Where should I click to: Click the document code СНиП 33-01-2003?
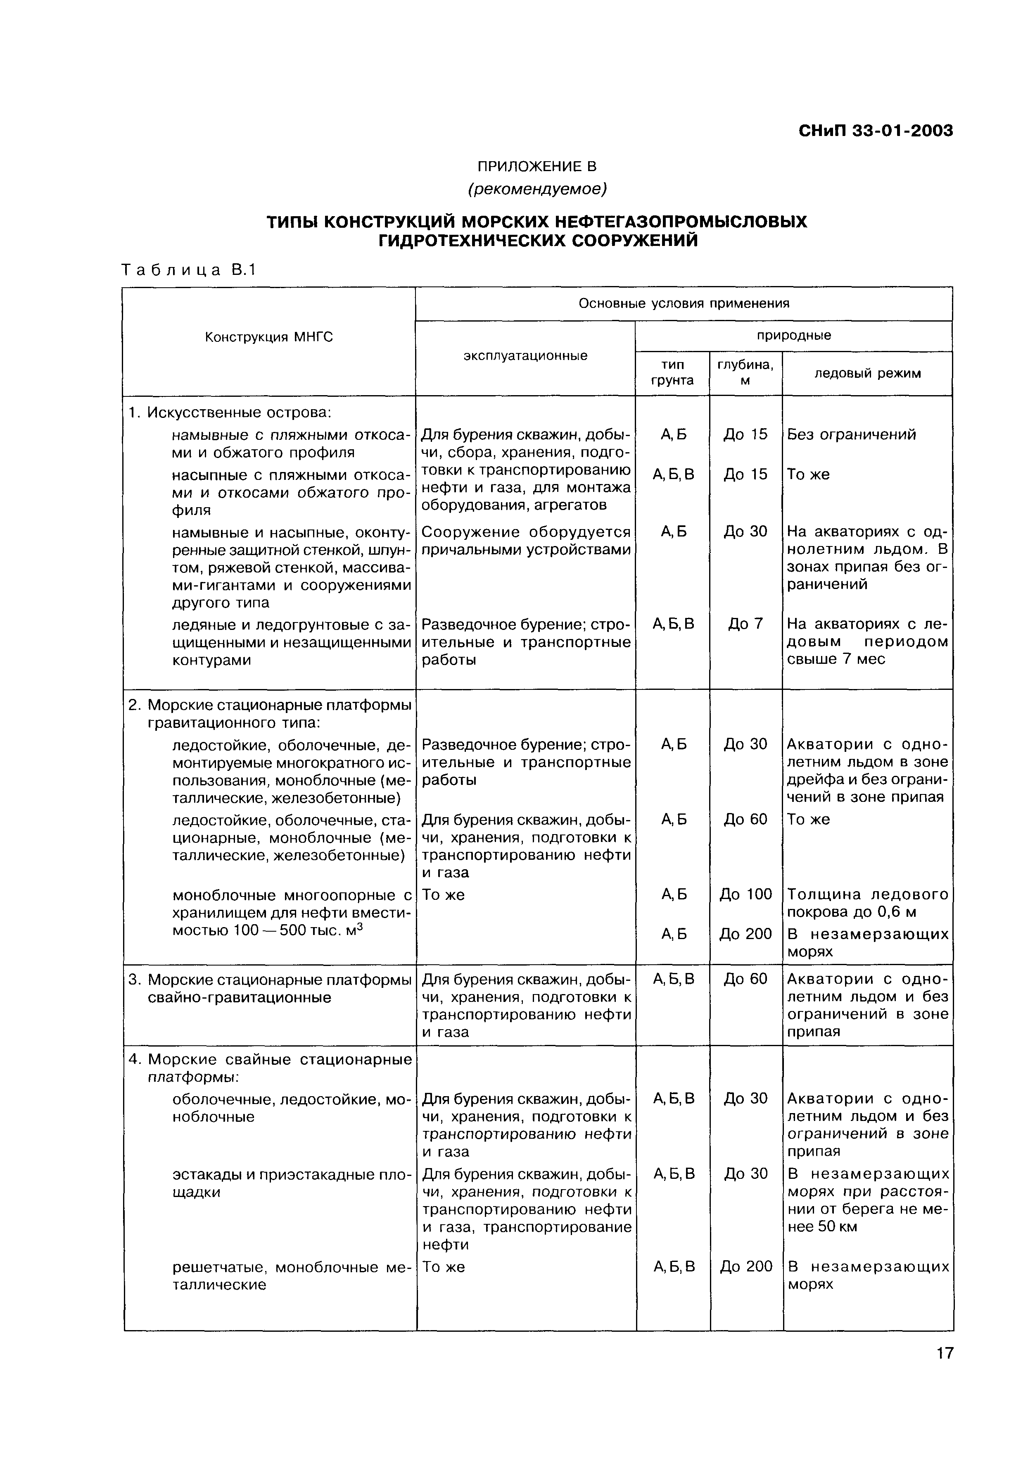pyautogui.click(x=875, y=131)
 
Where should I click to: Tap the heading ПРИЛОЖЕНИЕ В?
pyautogui.click(x=536, y=167)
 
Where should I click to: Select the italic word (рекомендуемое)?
pyautogui.click(x=536, y=189)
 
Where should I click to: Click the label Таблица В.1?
pyautogui.click(x=189, y=270)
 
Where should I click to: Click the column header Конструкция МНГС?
pyautogui.click(x=269, y=337)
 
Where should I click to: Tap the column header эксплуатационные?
pyautogui.click(x=525, y=356)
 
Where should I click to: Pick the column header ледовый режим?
pyautogui.click(x=867, y=374)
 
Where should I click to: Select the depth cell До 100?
pyautogui.click(x=745, y=894)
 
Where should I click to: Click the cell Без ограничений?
pyautogui.click(x=852, y=435)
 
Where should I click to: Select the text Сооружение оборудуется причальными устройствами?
pyautogui.click(x=525, y=541)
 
